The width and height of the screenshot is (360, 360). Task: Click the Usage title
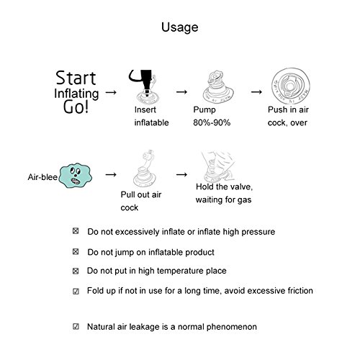pyautogui.click(x=180, y=27)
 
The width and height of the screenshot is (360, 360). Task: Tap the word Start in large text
pyautogui.click(x=76, y=78)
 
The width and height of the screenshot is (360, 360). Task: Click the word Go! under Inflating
pyautogui.click(x=76, y=107)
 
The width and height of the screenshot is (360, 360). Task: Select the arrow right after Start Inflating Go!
pyautogui.click(x=111, y=92)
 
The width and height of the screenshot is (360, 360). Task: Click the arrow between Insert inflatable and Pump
pyautogui.click(x=181, y=91)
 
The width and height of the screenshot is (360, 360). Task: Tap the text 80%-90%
pyautogui.click(x=212, y=122)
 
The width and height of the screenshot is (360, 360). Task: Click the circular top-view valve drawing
pyautogui.click(x=291, y=86)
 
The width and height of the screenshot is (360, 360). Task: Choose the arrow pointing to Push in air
pyautogui.click(x=256, y=91)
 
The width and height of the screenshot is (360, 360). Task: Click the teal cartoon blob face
pyautogui.click(x=76, y=176)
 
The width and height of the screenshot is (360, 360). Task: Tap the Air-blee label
pyautogui.click(x=42, y=177)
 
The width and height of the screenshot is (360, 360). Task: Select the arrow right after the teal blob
pyautogui.click(x=111, y=174)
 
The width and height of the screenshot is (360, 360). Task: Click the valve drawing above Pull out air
pyautogui.click(x=145, y=168)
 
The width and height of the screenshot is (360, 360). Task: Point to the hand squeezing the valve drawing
pyautogui.click(x=217, y=166)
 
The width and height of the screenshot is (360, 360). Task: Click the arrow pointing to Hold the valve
pyautogui.click(x=181, y=174)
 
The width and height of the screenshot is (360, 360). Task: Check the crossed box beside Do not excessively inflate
pyautogui.click(x=76, y=231)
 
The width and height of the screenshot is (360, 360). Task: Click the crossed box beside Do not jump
pyautogui.click(x=76, y=251)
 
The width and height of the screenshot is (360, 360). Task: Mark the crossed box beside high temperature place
pyautogui.click(x=76, y=271)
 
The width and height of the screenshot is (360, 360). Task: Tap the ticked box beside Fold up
pyautogui.click(x=76, y=292)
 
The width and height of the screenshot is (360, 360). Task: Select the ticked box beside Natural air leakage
pyautogui.click(x=76, y=326)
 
